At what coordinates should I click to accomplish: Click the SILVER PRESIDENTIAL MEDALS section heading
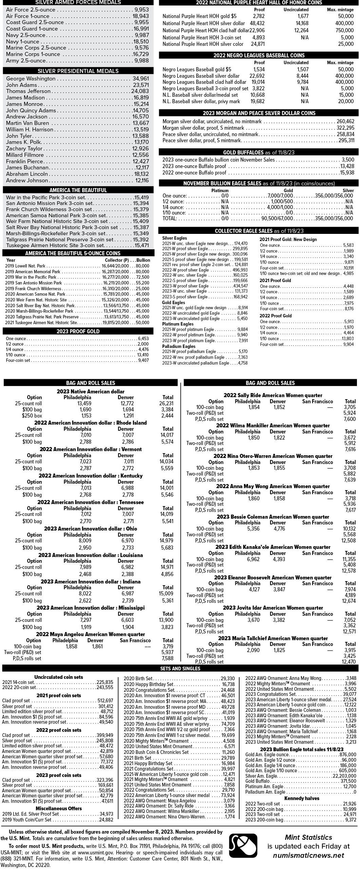[x=78, y=71]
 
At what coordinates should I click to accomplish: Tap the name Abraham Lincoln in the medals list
[x=27, y=174]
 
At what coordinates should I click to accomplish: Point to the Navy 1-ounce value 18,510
[x=141, y=42]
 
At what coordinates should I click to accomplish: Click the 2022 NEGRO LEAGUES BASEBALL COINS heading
[x=259, y=55]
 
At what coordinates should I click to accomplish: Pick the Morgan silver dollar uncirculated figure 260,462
[x=345, y=122]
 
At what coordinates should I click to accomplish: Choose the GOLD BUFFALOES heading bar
[x=259, y=152]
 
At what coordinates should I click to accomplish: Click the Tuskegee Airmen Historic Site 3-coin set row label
[x=55, y=245]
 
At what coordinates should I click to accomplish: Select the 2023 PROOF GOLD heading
[x=78, y=331]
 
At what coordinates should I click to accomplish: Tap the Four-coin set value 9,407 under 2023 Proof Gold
[x=143, y=360]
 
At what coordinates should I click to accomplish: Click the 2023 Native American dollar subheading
[x=90, y=391]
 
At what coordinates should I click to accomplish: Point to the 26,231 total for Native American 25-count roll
[x=166, y=404]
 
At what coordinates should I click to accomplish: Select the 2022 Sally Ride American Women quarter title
[x=273, y=395]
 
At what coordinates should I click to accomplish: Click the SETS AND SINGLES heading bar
[x=180, y=668]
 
